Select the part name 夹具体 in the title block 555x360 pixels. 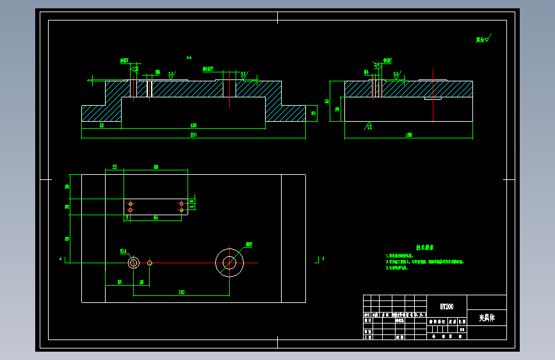click(x=486, y=317)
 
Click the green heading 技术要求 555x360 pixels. click(x=425, y=247)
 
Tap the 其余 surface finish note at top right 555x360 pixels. click(x=482, y=39)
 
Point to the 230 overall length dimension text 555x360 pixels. click(x=193, y=135)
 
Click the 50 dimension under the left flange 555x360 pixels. click(x=102, y=126)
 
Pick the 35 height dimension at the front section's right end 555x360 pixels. click(x=314, y=113)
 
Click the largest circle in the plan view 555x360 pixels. click(x=229, y=263)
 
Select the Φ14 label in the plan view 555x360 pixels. click(x=124, y=251)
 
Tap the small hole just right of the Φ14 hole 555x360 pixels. click(x=150, y=263)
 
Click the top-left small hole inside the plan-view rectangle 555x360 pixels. click(x=131, y=203)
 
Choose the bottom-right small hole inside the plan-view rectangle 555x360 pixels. click(x=181, y=210)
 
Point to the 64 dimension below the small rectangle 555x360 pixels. click(x=156, y=218)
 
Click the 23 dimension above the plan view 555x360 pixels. click(x=115, y=167)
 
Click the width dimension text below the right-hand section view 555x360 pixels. click(x=408, y=135)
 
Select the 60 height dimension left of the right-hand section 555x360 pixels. click(x=326, y=101)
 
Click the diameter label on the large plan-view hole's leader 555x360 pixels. click(x=249, y=244)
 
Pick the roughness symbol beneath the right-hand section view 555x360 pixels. click(x=369, y=125)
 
